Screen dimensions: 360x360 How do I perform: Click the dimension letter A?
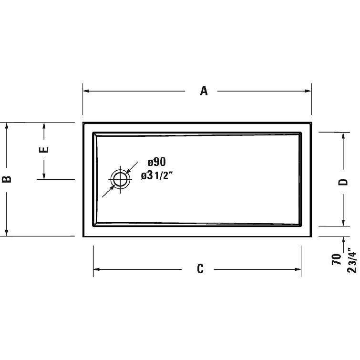pos(204,91)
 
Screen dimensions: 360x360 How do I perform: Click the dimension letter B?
pos(7,179)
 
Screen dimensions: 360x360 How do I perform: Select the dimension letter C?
pos(200,269)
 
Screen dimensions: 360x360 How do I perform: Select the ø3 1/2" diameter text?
pos(157,175)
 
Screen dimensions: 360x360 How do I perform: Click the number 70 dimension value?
pos(337,260)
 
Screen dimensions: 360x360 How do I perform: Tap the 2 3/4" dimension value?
pos(351,260)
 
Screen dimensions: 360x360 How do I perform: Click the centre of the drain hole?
pos(120,180)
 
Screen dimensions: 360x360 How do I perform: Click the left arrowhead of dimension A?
pos(86,91)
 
